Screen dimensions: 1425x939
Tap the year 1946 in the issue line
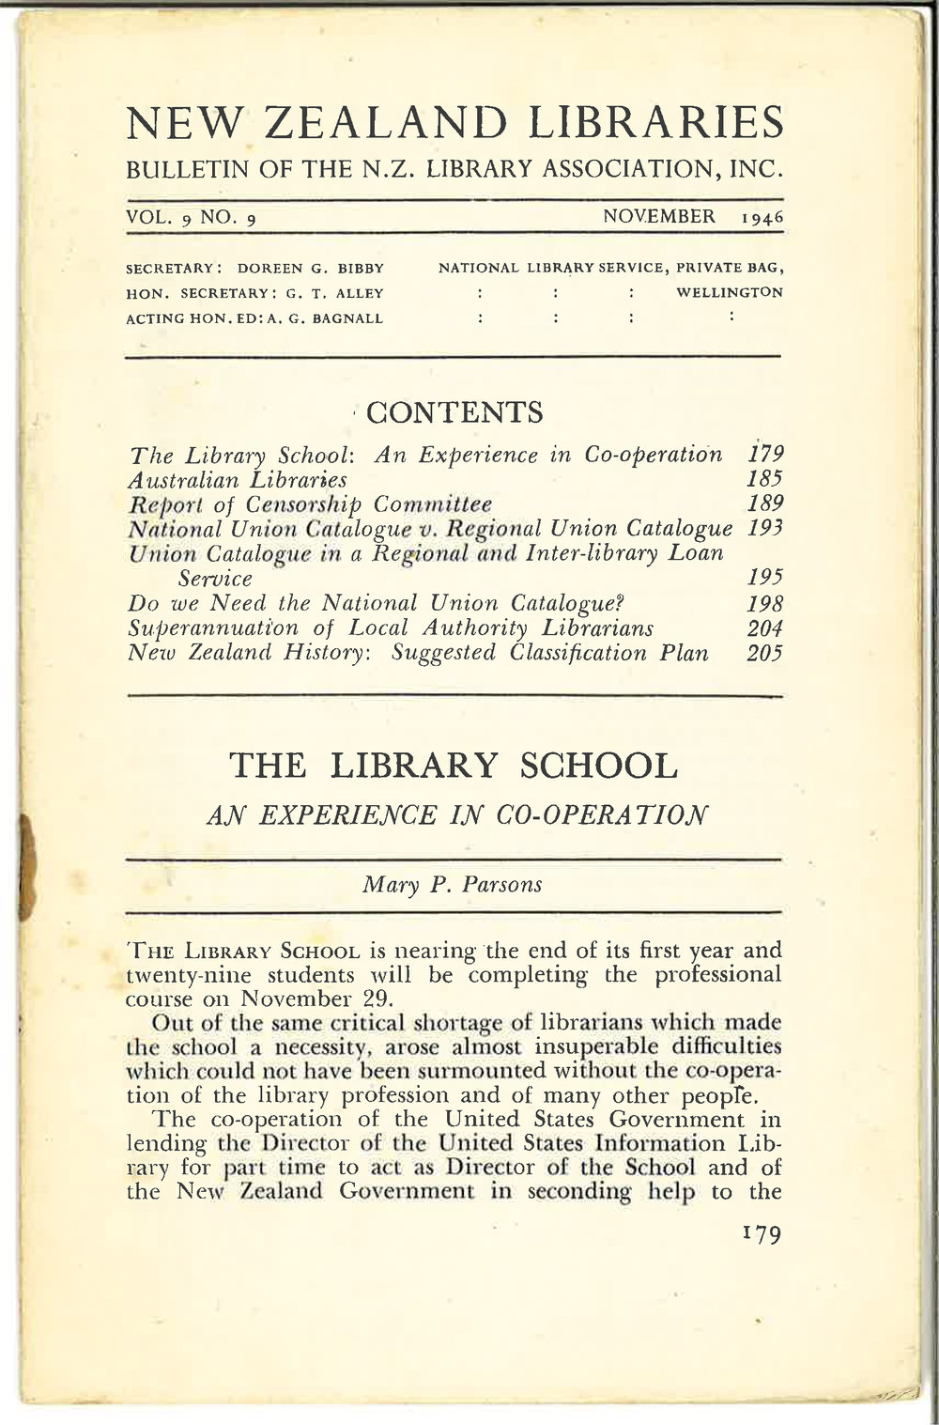point(762,218)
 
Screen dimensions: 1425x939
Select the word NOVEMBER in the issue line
point(659,217)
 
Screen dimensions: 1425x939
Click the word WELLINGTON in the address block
point(730,291)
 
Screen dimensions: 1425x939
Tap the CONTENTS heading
point(454,411)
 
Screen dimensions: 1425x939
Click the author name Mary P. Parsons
point(454,884)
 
